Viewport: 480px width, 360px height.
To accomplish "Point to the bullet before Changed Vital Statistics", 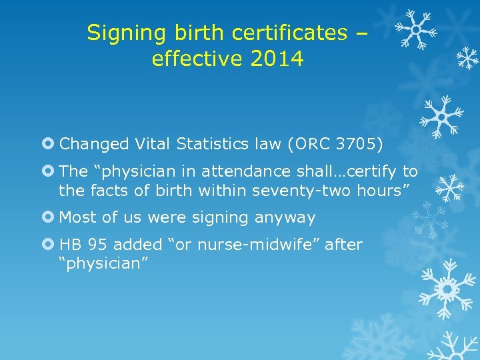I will coord(51,143).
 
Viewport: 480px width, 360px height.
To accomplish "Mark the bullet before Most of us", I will coord(51,217).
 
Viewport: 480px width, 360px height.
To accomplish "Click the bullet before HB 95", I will coord(51,245).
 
